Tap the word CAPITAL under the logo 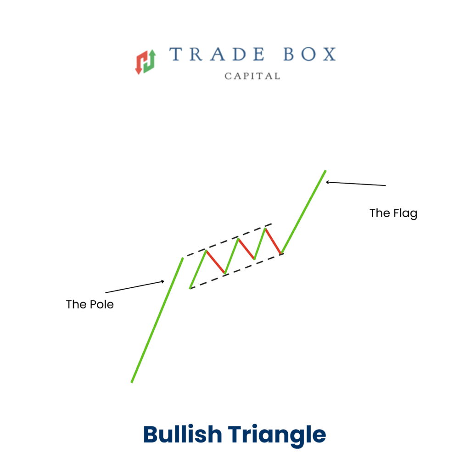tap(252, 76)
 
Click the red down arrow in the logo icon tap(140, 62)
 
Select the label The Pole tap(90, 304)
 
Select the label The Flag tap(393, 213)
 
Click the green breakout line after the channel tap(304, 211)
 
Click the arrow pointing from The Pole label tap(134, 287)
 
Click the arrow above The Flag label tap(356, 184)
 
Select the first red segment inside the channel tap(215, 262)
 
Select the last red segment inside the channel tap(273, 241)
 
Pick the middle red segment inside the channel tap(246, 249)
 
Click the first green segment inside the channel tap(198, 269)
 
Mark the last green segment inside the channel tap(260, 244)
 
